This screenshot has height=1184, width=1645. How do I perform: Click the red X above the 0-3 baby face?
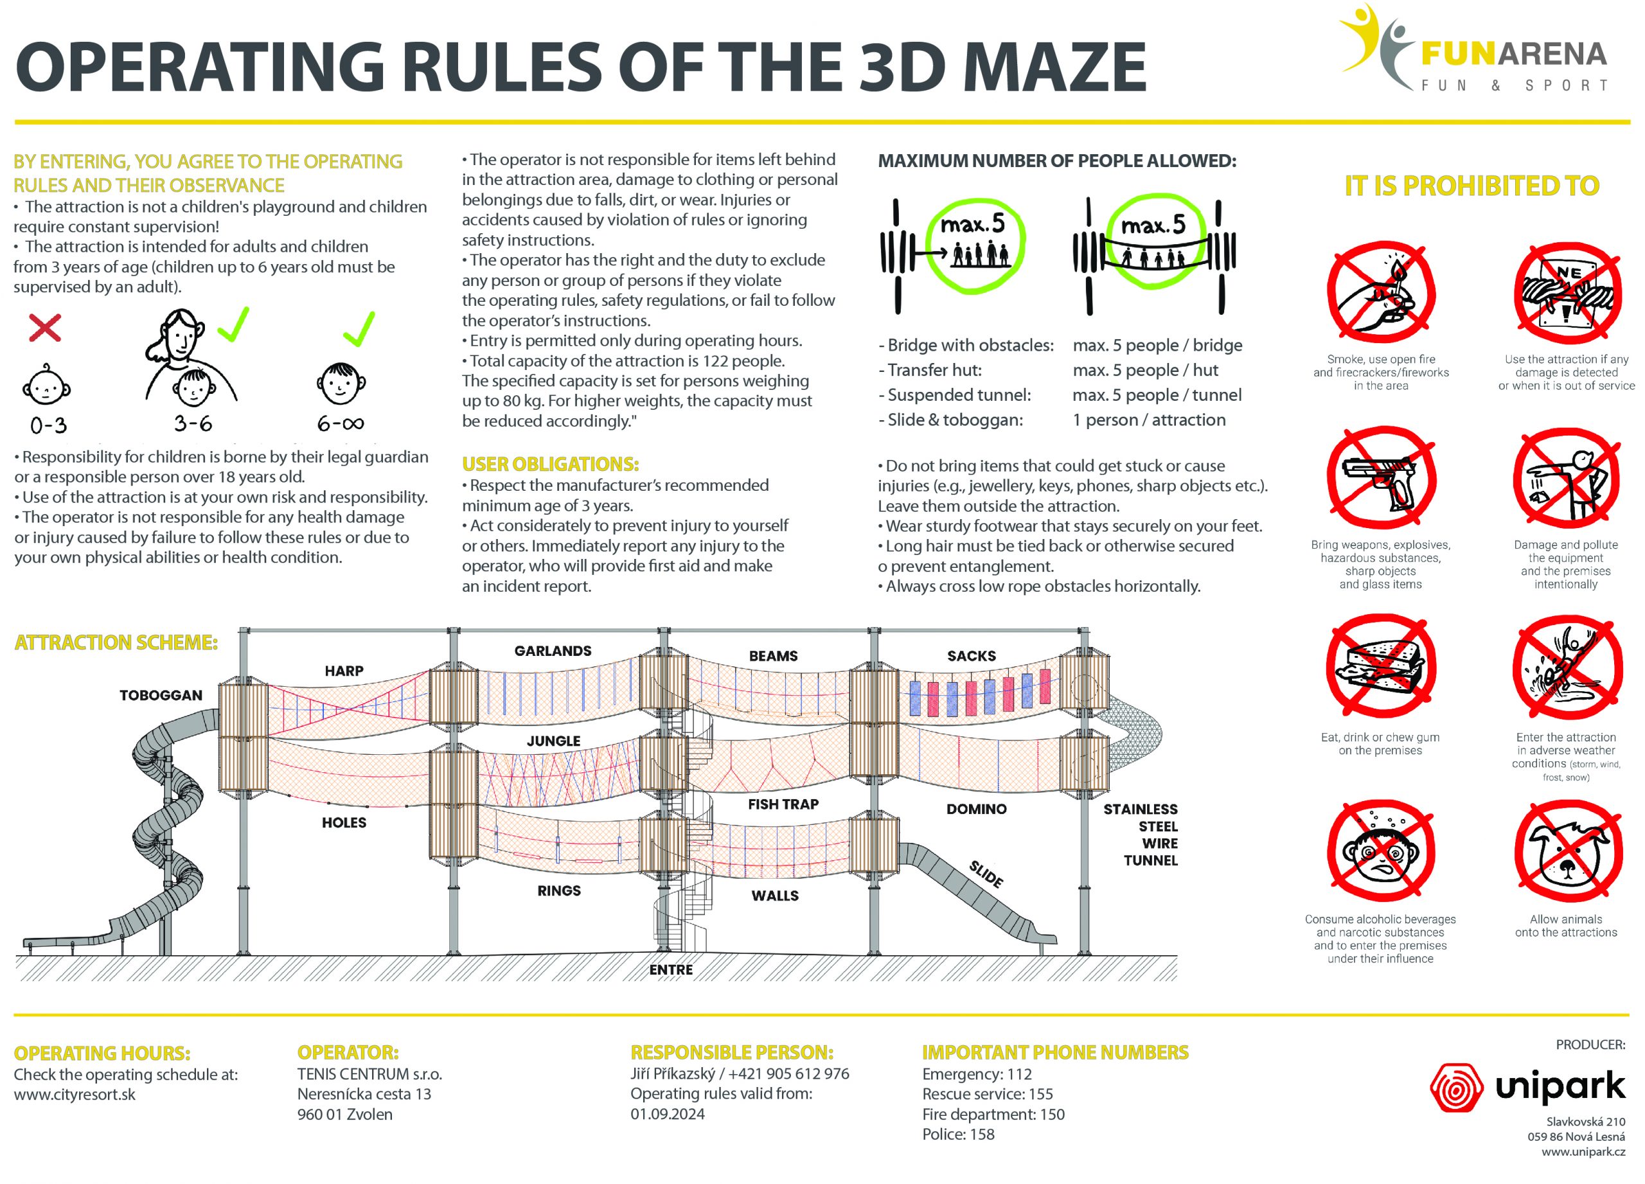45,328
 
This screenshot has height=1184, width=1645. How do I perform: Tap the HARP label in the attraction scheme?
344,671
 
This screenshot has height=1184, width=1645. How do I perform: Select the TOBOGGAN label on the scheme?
161,695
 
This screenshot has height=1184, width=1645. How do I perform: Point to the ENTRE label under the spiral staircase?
671,969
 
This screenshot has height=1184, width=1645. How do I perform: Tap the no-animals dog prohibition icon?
1567,854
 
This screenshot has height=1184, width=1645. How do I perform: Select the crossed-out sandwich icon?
1381,667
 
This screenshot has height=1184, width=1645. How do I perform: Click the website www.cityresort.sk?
75,1094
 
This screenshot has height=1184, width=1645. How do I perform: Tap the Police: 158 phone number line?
958,1134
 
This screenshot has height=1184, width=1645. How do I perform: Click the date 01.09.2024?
667,1114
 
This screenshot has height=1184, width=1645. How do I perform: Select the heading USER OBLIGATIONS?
551,464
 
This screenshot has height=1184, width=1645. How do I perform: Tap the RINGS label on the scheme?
558,890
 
